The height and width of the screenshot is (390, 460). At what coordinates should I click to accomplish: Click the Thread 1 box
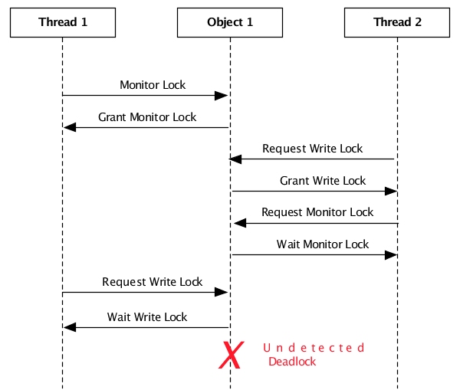pos(63,22)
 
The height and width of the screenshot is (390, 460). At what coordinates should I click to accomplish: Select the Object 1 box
pos(230,22)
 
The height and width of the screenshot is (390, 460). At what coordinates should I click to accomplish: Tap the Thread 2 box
pos(397,22)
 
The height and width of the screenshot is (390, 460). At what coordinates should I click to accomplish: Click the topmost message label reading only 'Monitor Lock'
pos(153,85)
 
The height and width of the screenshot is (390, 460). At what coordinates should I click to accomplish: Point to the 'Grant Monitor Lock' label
pos(147,117)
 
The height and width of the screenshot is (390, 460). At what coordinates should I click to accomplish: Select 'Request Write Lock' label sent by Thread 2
pos(312,149)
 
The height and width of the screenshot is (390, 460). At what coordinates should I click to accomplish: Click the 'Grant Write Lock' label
pos(323,181)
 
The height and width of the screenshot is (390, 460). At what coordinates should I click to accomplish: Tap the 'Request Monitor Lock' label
pos(317,212)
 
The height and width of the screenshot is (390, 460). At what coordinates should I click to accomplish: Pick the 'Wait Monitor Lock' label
pos(323,244)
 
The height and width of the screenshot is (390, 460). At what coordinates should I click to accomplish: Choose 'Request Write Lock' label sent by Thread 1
pos(153,282)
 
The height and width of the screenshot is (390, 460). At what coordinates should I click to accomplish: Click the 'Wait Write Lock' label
pos(147,316)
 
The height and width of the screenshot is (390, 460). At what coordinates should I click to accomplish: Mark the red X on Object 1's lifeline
pos(231,355)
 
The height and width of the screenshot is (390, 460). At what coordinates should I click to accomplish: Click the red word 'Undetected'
pos(314,348)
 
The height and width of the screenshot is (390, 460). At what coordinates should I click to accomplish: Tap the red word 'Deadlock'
pos(292,362)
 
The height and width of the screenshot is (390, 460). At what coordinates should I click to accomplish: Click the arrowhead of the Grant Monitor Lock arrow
pos(69,127)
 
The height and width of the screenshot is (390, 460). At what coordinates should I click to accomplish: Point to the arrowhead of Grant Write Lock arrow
pos(390,191)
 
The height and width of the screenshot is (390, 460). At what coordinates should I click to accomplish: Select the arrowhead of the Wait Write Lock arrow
pos(70,327)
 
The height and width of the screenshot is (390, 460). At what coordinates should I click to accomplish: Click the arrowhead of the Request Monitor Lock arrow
pos(239,223)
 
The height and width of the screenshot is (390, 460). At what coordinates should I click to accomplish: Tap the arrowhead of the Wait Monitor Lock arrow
pos(390,254)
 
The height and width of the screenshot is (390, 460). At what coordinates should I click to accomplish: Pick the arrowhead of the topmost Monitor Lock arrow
pos(222,95)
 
